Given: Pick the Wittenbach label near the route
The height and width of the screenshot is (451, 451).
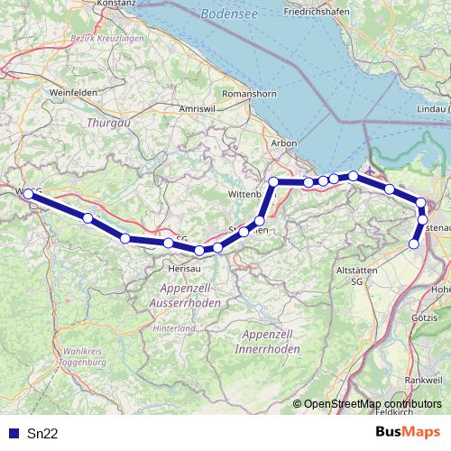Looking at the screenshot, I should click(x=244, y=193).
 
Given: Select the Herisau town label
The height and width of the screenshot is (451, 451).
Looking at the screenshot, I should click(x=184, y=268).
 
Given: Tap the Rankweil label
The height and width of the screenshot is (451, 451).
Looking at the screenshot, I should click(x=424, y=382).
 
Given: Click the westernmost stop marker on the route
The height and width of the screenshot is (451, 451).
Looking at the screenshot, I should click(x=28, y=194).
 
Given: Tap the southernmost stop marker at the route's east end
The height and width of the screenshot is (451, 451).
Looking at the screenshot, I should click(x=414, y=244).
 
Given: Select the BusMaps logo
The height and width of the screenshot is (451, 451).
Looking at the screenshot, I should click(x=408, y=432).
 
